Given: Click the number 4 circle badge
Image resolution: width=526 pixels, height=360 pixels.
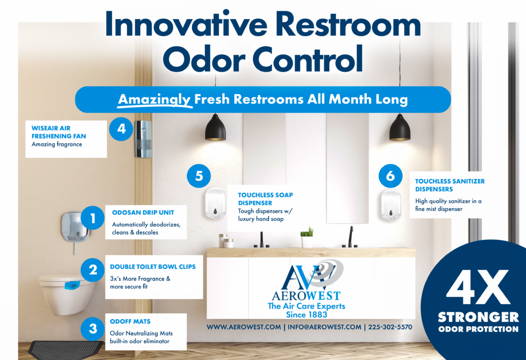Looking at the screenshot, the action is [121, 128].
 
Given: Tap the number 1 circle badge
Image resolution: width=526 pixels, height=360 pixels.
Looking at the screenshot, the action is [92, 218].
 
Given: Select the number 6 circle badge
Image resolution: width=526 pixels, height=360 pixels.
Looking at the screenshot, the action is [390, 176].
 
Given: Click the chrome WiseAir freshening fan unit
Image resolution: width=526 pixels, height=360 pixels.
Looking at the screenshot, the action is [143, 139].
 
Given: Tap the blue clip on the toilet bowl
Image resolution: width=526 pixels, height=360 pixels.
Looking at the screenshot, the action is [72, 285].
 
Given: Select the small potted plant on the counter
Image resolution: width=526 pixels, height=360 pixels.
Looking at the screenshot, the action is [307, 238].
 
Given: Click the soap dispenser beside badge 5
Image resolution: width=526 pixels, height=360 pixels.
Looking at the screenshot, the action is [215, 204].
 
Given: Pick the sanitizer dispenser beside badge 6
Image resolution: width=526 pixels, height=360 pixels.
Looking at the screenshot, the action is [391, 205].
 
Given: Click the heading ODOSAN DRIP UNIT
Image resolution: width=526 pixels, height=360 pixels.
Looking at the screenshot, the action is [143, 213].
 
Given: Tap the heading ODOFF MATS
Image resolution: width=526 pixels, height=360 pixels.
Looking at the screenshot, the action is [130, 321].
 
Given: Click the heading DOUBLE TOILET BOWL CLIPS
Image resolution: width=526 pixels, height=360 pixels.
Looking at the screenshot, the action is [153, 267].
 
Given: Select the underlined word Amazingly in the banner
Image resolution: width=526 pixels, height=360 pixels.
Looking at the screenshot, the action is [154, 100].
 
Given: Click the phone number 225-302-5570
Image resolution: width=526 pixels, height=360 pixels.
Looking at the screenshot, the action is [390, 327].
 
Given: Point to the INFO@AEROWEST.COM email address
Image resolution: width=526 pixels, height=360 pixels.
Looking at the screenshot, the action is [325, 327].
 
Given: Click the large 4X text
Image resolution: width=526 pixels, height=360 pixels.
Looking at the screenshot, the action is [478, 288].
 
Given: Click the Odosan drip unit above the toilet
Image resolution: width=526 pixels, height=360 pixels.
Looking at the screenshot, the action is [75, 228].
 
